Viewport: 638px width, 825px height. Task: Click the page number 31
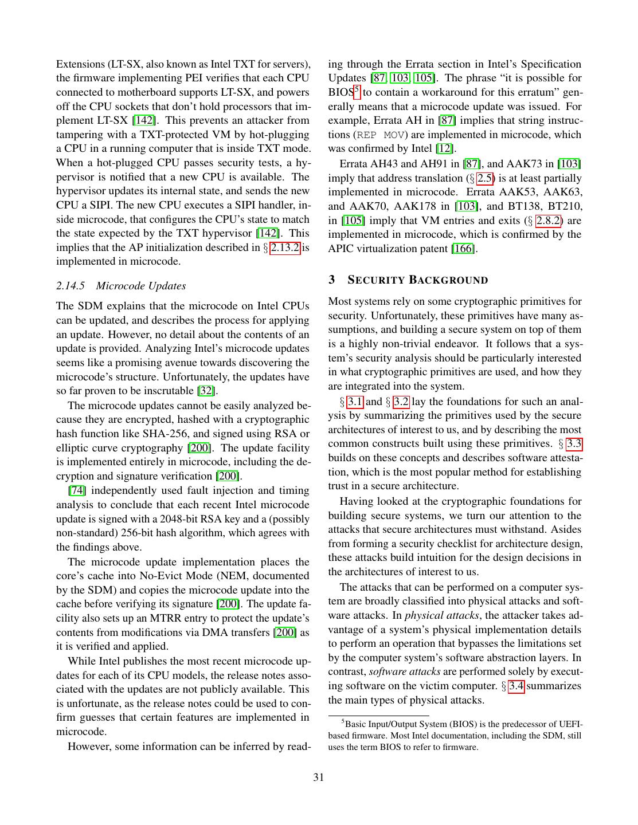tap(319, 777)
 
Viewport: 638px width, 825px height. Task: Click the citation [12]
tap(444, 148)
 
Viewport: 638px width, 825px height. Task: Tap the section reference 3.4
tap(516, 686)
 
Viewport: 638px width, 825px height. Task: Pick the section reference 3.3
tap(574, 443)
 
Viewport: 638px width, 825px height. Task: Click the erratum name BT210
tap(565, 206)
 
